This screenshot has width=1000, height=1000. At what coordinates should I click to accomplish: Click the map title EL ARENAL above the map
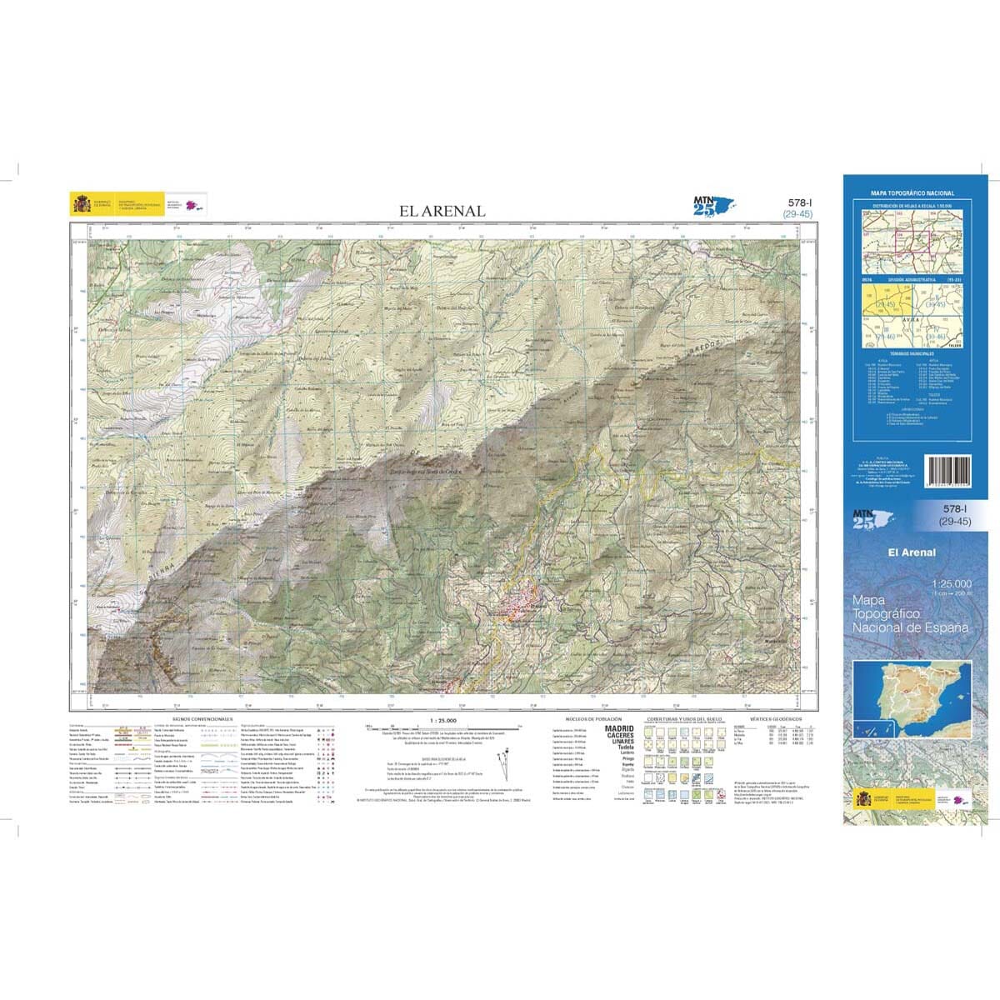442,211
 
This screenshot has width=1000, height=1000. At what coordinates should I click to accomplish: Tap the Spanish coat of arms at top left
81,203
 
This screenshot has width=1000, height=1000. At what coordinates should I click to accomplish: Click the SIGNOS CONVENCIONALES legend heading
202,717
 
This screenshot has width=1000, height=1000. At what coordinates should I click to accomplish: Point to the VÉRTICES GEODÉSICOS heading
775,717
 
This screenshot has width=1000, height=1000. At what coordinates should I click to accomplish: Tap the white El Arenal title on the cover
912,552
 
